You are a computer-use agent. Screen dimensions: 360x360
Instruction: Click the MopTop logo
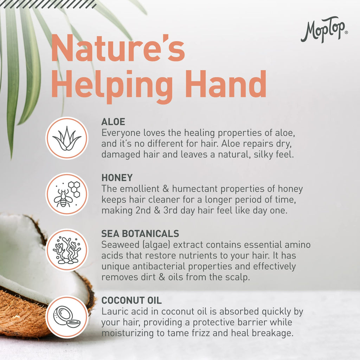324,30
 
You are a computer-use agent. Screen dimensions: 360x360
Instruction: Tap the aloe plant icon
67,139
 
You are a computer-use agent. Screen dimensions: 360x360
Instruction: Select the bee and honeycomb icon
67,194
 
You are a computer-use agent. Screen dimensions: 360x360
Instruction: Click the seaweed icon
67,250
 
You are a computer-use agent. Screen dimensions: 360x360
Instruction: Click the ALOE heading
113,122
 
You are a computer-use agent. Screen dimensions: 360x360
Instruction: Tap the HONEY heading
117,178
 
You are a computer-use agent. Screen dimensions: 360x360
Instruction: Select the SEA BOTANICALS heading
140,233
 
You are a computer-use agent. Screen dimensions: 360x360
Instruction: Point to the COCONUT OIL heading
131,300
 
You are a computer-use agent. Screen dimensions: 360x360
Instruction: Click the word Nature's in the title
118,48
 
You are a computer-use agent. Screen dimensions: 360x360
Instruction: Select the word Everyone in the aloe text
121,133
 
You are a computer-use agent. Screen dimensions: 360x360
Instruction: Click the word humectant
195,189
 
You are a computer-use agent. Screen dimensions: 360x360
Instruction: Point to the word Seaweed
120,245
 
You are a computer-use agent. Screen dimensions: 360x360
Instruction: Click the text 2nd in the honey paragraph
143,211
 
